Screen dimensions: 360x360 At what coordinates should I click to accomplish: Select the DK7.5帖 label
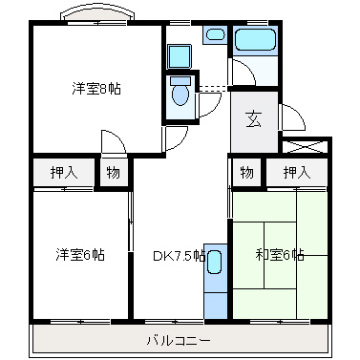pos(178,255)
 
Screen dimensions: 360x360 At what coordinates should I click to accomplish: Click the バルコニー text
pos(179,339)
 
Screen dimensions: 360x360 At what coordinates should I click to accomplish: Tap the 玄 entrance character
pos(254,119)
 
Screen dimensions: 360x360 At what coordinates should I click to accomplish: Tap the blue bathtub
pos(255,41)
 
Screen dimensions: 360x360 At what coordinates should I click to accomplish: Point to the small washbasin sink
pos(216,35)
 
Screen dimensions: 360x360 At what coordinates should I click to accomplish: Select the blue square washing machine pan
pos(180,55)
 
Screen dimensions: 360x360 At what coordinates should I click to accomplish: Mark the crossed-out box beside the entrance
pos(304,147)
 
